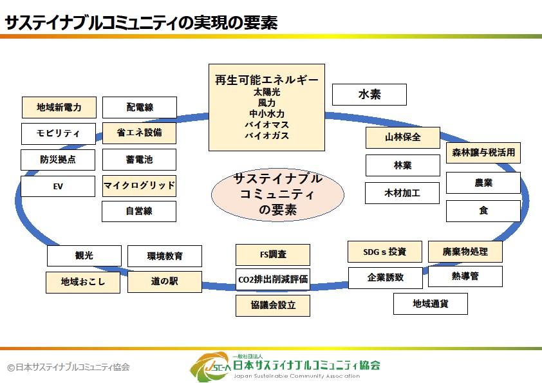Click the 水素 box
point(369,95)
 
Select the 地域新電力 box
point(59,107)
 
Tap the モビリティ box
point(59,134)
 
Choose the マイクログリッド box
point(139,186)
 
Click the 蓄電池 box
point(139,159)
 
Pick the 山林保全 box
point(403,138)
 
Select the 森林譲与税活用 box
point(483,153)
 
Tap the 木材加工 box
point(403,192)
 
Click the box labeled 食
point(483,210)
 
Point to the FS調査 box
point(273,255)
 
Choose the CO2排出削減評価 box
point(273,279)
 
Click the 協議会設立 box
point(273,306)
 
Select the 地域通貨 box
point(431,303)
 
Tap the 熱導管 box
point(465,277)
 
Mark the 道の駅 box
point(165,282)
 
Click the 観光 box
point(84,256)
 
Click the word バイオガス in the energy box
point(266,136)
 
